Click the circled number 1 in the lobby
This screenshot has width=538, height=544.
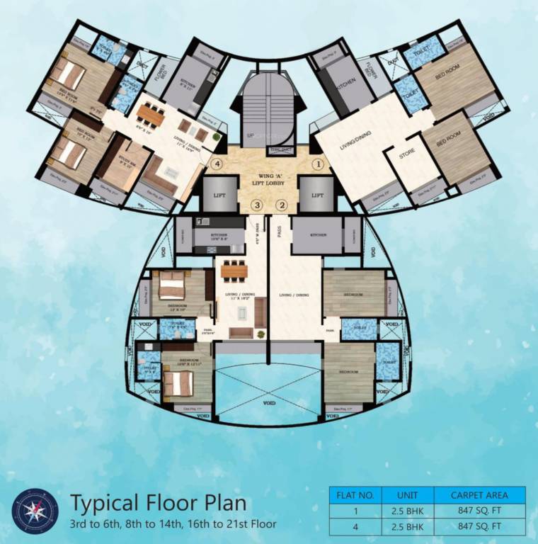319,164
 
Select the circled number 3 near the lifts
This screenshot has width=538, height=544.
258,205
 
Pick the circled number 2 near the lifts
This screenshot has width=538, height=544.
282,205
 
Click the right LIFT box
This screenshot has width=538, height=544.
317,195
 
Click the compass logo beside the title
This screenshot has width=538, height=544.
35,511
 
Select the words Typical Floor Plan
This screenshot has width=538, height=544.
159,504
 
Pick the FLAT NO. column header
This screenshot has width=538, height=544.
356,494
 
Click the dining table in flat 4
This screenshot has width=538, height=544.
149,113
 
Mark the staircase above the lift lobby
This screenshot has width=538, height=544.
268,113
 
